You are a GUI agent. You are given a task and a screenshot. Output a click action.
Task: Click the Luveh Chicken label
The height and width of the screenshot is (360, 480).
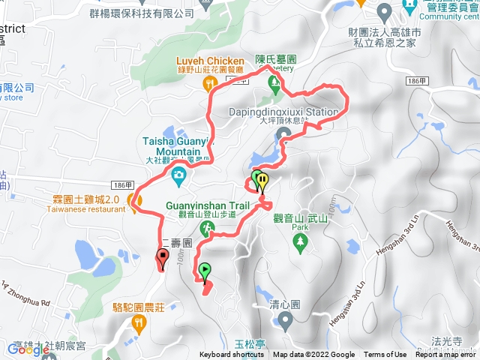point(210,61)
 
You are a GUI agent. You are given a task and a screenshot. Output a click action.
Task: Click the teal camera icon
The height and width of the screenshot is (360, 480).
point(178,176)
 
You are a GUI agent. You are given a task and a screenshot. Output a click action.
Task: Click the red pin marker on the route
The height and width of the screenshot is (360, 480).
point(161,259)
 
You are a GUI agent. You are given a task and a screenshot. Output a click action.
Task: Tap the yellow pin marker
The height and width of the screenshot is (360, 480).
point(262,181)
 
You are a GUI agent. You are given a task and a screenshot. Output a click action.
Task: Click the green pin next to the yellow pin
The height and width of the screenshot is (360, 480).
point(256,178)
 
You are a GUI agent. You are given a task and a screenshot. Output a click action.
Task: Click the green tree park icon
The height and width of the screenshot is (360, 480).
point(301,241)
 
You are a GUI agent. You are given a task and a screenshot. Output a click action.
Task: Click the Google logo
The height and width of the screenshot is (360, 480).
point(28,349)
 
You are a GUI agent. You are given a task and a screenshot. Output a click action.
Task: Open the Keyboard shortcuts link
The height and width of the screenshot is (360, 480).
point(233,355)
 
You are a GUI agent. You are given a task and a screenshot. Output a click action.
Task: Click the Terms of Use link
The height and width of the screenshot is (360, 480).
point(385,355)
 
